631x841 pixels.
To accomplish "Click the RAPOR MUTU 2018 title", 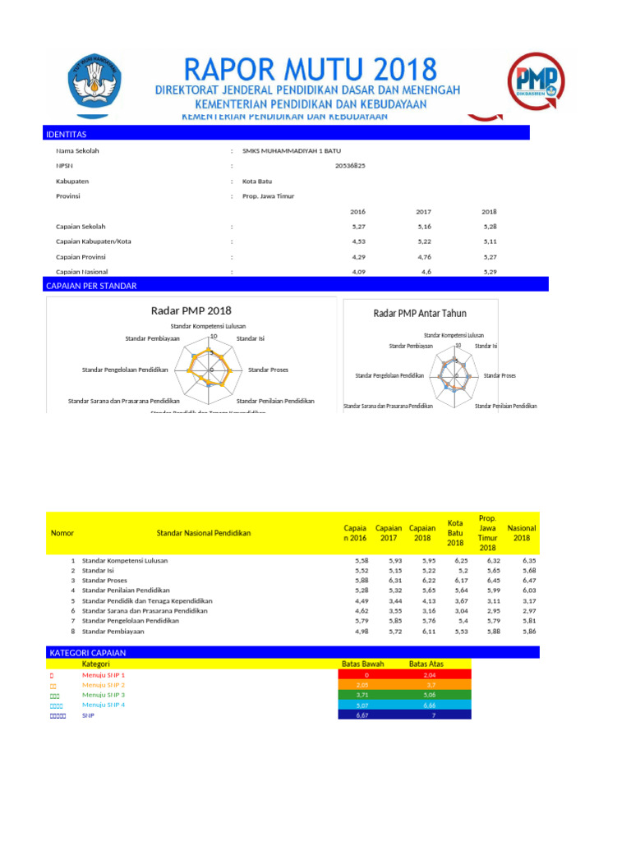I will click(311, 68).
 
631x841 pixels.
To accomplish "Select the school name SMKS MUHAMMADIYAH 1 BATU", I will click(291, 151).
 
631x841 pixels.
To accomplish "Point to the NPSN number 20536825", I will click(351, 166).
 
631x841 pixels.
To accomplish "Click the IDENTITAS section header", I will click(67, 134).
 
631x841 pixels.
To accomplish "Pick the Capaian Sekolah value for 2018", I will click(489, 226).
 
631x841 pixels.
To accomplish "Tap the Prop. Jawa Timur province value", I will click(268, 196).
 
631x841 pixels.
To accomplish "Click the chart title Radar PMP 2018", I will click(191, 310).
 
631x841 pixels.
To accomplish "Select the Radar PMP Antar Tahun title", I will click(420, 313).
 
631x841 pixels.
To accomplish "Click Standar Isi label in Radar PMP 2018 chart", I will click(250, 338).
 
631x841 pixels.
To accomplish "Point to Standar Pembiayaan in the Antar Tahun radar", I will click(411, 347).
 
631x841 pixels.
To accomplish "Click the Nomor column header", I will click(62, 533).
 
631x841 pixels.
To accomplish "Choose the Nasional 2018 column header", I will click(522, 533).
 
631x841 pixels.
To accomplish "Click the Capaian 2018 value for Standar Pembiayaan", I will click(421, 632).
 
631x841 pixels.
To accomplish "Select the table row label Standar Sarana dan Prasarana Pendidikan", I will click(145, 611).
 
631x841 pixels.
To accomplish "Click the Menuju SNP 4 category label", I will click(104, 705).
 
